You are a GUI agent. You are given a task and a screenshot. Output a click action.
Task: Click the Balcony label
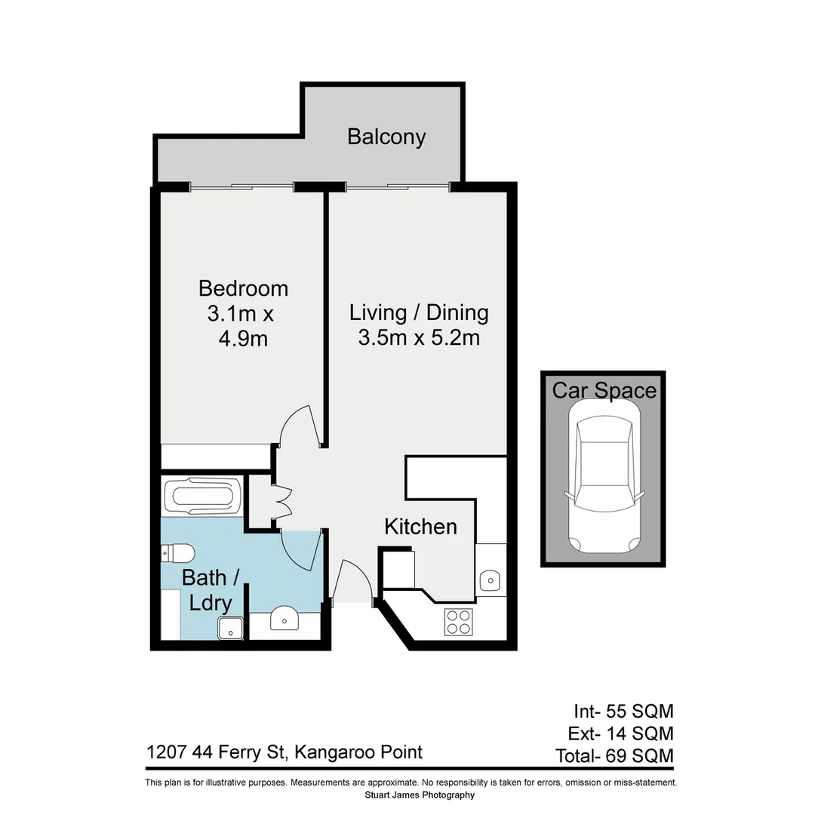(x=386, y=137)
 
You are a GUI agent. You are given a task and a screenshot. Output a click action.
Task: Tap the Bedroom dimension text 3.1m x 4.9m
(x=243, y=326)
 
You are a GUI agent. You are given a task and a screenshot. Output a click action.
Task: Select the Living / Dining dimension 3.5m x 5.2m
(x=419, y=337)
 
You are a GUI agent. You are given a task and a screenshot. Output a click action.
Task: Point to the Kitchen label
(x=420, y=526)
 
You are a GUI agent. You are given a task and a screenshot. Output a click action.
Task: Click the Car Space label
(x=604, y=390)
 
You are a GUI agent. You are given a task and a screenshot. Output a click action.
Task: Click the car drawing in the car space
(x=604, y=479)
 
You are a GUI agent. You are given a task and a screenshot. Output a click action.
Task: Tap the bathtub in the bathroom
(x=202, y=496)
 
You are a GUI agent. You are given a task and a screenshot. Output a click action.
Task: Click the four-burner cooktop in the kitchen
(x=459, y=622)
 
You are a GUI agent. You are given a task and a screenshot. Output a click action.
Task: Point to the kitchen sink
(x=490, y=580)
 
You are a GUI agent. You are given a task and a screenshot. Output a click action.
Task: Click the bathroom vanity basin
(x=284, y=620)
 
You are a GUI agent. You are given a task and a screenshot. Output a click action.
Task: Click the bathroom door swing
(x=302, y=549)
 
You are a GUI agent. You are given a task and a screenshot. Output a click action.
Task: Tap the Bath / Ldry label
(x=211, y=589)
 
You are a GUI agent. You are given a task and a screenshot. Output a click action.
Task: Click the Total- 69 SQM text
(x=614, y=755)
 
